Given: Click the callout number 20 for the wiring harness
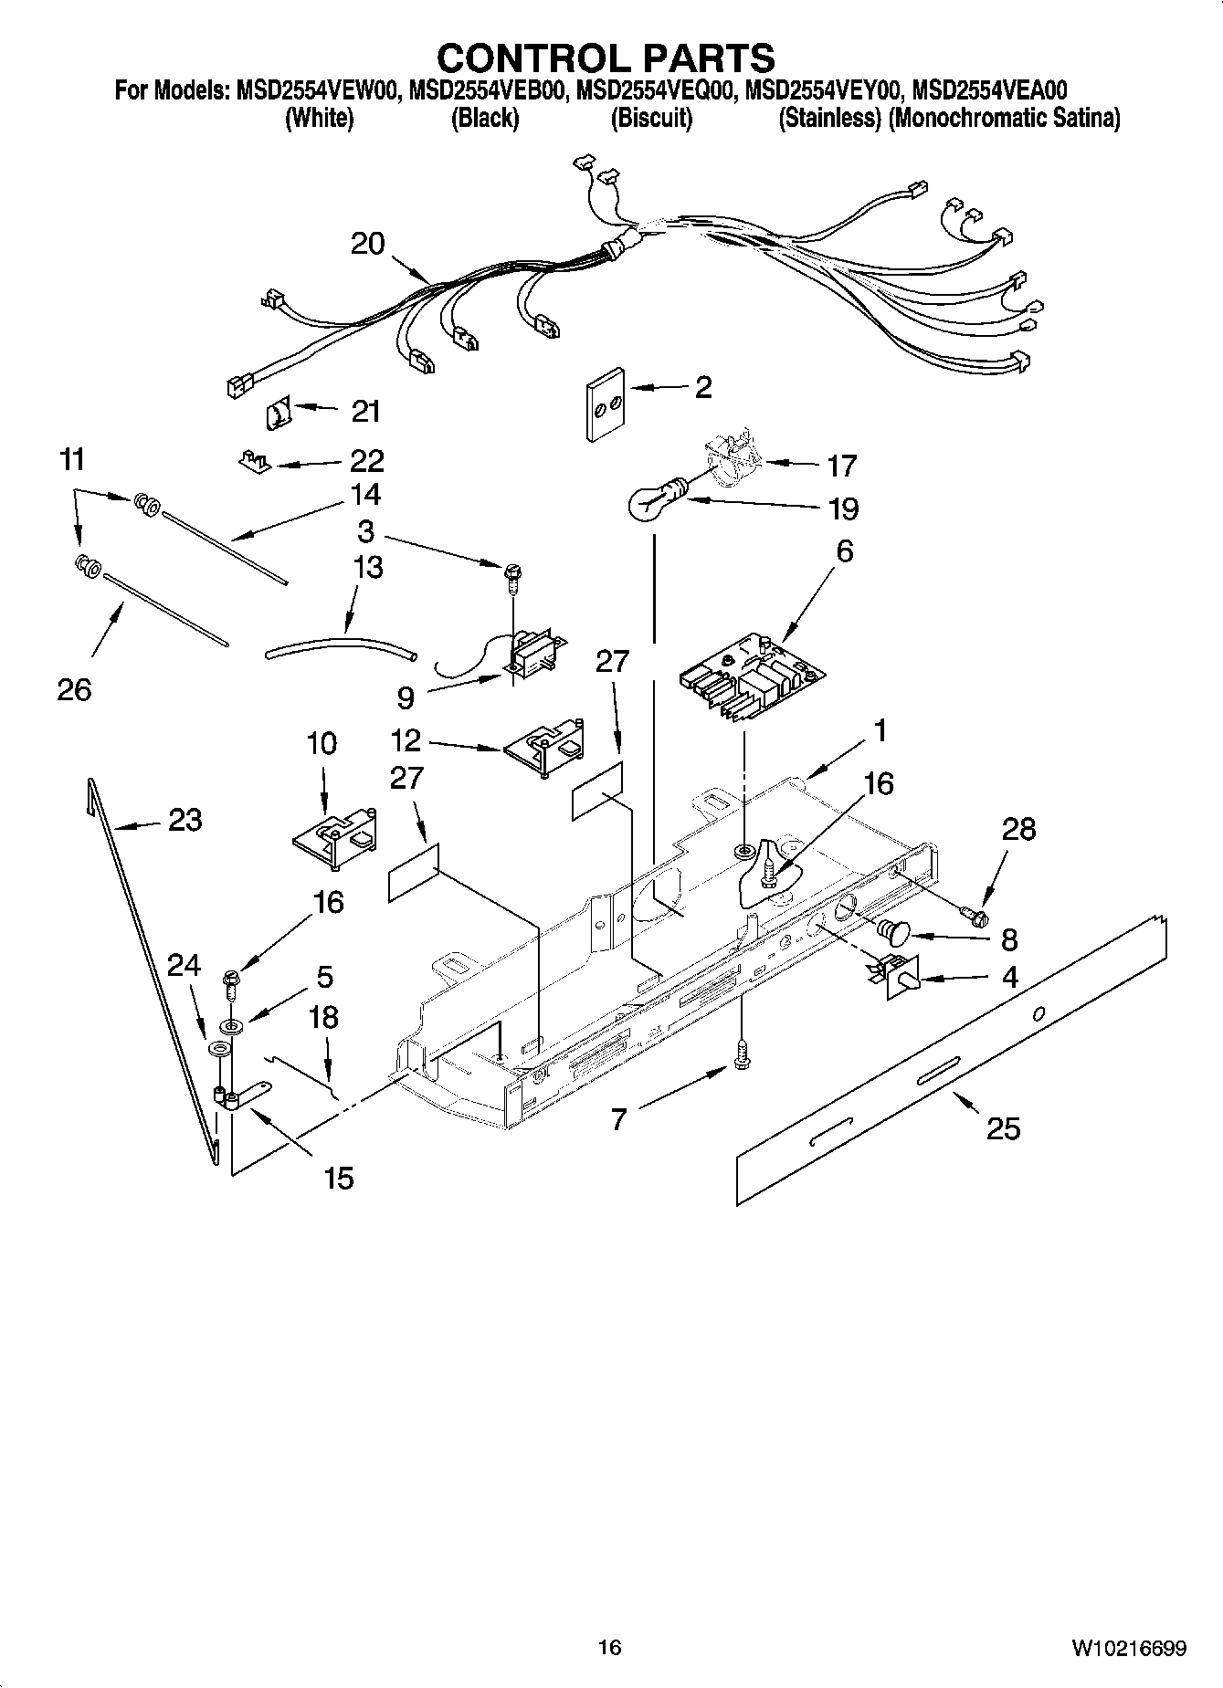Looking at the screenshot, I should pyautogui.click(x=367, y=244).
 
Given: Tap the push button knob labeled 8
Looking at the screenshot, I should pyautogui.click(x=892, y=933).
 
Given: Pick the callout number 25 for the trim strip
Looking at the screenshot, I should pyautogui.click(x=1003, y=1129).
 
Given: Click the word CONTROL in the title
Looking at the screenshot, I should pyautogui.click(x=521, y=58).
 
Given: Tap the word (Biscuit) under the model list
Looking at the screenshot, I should pyautogui.click(x=650, y=119).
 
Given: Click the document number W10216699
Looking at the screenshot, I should pyautogui.click(x=1129, y=1648).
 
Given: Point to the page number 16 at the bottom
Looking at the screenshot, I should pyautogui.click(x=609, y=1647).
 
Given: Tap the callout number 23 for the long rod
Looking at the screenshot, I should pyautogui.click(x=185, y=820).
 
